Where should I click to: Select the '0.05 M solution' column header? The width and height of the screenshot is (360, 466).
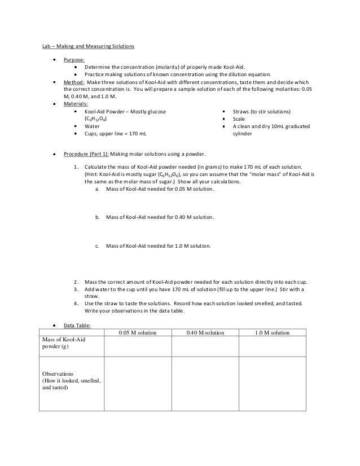pyautogui.click(x=137, y=333)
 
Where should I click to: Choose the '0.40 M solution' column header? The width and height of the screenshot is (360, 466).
pyautogui.click(x=205, y=333)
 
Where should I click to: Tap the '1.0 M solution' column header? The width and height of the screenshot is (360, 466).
pyautogui.click(x=272, y=333)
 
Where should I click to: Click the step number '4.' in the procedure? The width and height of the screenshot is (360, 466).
pyautogui.click(x=76, y=304)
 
